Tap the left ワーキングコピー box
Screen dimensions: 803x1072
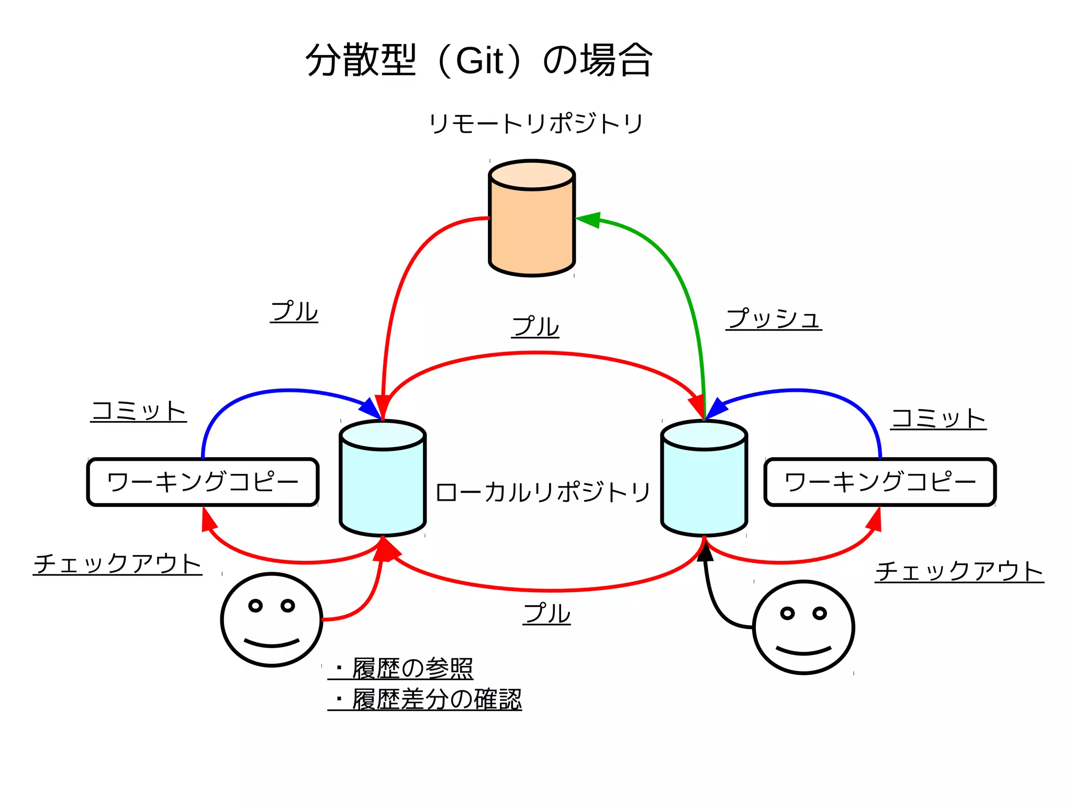(203, 482)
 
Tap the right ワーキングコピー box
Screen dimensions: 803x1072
(880, 482)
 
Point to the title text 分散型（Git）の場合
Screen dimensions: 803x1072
(479, 60)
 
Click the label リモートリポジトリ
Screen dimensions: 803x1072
(535, 124)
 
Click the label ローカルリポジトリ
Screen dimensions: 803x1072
(543, 492)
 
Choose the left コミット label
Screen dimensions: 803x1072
(139, 411)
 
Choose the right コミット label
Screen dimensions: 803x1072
(939, 419)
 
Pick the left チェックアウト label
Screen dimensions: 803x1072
(118, 563)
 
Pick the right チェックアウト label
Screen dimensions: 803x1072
(959, 571)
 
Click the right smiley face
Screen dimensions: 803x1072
(803, 627)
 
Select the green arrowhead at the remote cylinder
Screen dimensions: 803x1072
(588, 220)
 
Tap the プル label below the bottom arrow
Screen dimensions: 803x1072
(546, 613)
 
